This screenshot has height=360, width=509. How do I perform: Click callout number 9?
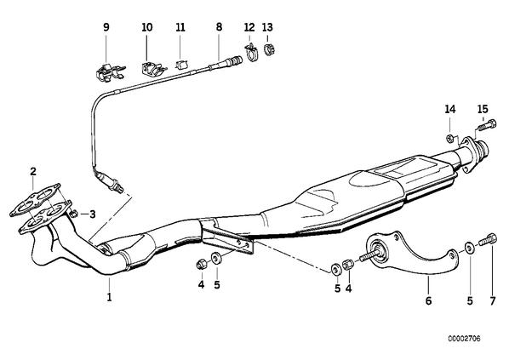tap(106, 27)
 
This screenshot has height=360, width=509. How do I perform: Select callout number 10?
tap(146, 27)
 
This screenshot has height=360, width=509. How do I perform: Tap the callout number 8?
tap(219, 27)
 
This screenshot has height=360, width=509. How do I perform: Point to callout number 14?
tap(450, 110)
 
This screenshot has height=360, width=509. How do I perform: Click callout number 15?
tap(483, 109)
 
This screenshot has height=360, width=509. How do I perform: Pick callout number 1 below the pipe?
tap(110, 297)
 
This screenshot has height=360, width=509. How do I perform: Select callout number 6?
tap(428, 301)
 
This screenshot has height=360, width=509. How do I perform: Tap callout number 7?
tap(493, 301)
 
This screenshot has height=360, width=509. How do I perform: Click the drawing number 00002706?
tap(464, 339)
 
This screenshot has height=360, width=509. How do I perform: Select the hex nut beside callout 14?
tap(449, 138)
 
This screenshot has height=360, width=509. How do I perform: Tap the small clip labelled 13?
tap(270, 50)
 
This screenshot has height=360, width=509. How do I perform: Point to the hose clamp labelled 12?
tap(250, 52)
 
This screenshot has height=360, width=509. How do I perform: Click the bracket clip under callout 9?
tap(110, 72)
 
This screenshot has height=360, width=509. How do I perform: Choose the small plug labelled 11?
tap(181, 65)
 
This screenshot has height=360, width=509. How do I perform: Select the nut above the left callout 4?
tap(200, 264)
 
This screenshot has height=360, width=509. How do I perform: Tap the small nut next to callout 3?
tap(74, 214)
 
